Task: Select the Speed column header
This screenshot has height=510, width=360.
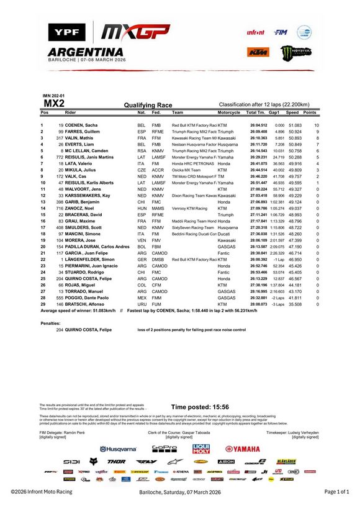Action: [x=292, y=112]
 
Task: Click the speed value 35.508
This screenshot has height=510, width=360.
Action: [x=294, y=303]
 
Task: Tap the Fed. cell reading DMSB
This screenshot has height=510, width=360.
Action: [x=157, y=258]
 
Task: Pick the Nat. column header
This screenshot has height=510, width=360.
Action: [x=142, y=112]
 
